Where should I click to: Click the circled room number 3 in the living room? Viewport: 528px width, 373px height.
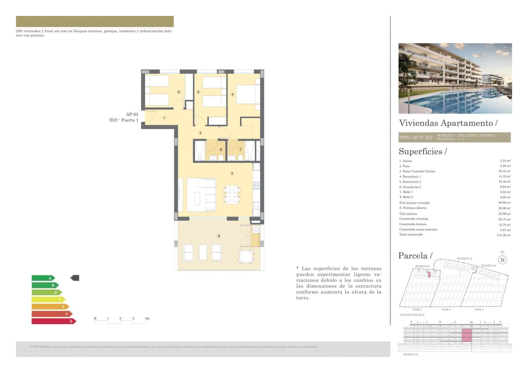[232, 173]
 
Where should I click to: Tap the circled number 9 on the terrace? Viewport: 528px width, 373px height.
[218, 236]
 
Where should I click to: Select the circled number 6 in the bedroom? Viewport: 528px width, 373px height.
[179, 92]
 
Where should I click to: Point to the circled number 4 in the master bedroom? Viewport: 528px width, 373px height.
[232, 94]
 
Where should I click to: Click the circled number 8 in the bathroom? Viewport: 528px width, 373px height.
[221, 149]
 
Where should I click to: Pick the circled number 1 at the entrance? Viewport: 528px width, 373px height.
[164, 118]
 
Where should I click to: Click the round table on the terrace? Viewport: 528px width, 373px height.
[246, 256]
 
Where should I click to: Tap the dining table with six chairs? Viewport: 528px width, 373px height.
[232, 195]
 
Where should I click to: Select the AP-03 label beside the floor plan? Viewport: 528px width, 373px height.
[132, 114]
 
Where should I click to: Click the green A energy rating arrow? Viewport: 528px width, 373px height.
[43, 278]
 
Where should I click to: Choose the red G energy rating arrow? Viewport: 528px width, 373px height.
[54, 321]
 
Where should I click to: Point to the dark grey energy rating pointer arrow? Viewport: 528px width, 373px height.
[75, 278]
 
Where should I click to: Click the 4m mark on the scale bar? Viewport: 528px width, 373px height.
[147, 318]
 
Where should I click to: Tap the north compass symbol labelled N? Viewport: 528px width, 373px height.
[502, 260]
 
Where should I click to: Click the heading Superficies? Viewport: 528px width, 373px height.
[422, 151]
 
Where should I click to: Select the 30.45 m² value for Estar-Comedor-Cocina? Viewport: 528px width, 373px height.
[504, 171]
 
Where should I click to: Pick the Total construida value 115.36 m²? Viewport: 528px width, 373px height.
[504, 235]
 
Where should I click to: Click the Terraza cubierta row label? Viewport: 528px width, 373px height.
[413, 208]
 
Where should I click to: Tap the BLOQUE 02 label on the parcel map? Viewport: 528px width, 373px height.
[464, 259]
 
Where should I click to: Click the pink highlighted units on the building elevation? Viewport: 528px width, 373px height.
[466, 335]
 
